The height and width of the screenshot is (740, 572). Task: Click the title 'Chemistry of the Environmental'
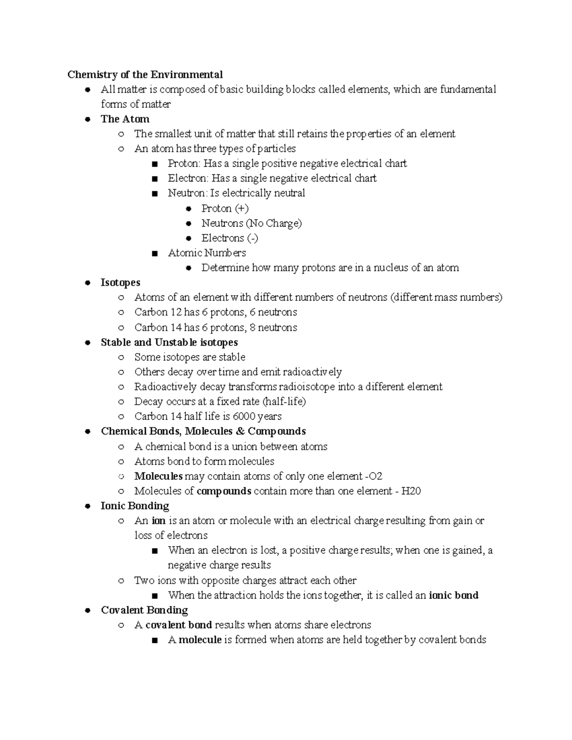(145, 75)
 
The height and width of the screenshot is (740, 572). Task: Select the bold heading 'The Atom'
(125, 119)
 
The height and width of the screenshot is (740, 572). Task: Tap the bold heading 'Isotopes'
(120, 283)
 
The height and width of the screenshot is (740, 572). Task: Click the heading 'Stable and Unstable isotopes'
(169, 343)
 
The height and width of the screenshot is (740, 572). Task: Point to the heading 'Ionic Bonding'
(135, 506)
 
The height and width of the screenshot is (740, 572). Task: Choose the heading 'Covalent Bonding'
(144, 610)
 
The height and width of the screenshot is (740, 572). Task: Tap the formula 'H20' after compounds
(411, 491)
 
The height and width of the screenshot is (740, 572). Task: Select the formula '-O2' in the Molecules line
(373, 476)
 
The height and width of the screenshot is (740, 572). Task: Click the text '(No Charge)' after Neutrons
(274, 223)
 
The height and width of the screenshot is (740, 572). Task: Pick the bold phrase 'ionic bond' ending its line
(454, 596)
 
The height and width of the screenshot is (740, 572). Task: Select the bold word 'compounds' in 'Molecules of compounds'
(224, 491)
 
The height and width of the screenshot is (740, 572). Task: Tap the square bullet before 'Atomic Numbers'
(154, 253)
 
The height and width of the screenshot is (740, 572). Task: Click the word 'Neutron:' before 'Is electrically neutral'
(187, 193)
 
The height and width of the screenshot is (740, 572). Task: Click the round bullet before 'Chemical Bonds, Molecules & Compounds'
(87, 432)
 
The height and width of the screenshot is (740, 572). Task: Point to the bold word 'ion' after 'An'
(158, 521)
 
